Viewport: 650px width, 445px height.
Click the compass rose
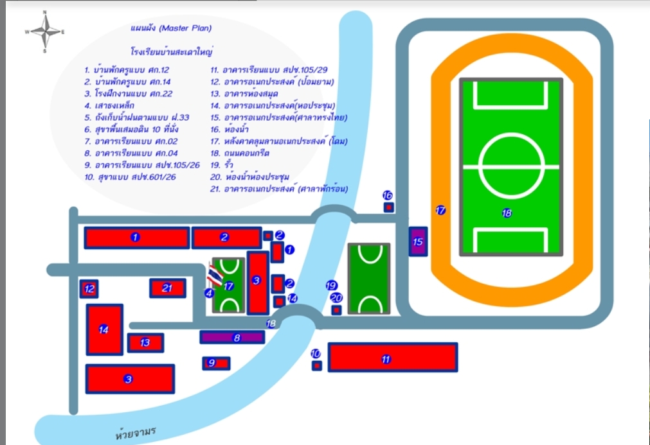(x=45, y=31)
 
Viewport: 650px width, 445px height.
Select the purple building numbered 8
(x=232, y=337)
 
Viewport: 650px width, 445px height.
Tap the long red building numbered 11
(x=392, y=357)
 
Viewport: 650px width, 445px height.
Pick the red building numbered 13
(x=145, y=343)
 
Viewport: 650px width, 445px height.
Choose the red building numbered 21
(x=168, y=288)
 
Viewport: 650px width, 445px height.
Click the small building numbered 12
(x=89, y=289)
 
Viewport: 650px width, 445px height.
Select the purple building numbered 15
(x=418, y=241)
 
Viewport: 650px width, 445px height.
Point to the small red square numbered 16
(x=388, y=207)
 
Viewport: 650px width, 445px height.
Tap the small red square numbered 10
(x=316, y=365)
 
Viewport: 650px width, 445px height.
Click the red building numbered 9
(x=216, y=363)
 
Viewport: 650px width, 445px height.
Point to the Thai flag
(x=215, y=275)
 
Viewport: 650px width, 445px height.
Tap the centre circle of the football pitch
(x=511, y=165)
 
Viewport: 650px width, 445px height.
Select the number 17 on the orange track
(x=440, y=210)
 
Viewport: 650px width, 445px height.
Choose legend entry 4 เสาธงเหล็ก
(x=109, y=105)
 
